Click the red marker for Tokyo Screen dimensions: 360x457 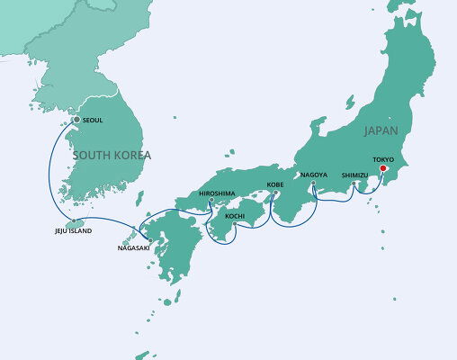tap(382, 168)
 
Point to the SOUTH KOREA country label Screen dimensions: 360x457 tap(112, 155)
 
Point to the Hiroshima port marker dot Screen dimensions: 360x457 tap(211, 202)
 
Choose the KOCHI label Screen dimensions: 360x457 tap(235, 216)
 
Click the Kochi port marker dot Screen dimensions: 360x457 tap(234, 224)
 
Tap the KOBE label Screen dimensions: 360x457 tap(275, 185)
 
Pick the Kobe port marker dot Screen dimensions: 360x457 tap(273, 193)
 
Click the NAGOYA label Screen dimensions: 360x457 tap(314, 174)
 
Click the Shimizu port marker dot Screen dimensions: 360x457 tap(357, 185)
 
